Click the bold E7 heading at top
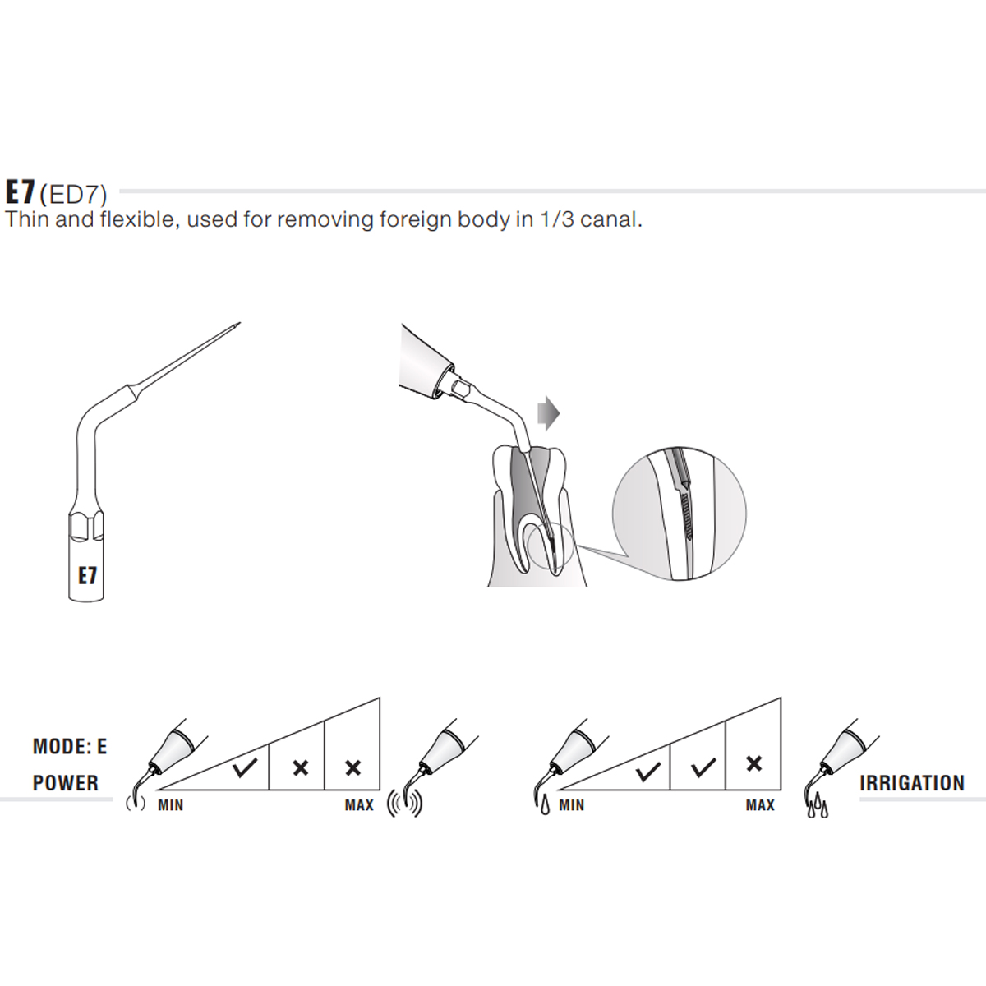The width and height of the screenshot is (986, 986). click(20, 192)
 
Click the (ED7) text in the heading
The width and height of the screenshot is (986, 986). click(73, 194)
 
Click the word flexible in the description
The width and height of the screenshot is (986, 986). click(136, 220)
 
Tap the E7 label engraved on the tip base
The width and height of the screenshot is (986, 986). click(87, 576)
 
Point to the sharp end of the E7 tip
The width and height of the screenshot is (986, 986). click(238, 325)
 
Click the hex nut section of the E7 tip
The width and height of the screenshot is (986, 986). click(86, 526)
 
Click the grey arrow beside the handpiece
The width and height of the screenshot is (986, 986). click(548, 412)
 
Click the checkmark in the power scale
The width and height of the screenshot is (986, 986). click(244, 768)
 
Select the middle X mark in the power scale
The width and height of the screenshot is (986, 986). click(300, 768)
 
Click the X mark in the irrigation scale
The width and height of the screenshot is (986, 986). click(753, 764)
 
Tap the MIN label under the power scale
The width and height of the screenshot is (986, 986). click(171, 805)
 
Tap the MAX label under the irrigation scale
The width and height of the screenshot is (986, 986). click(760, 805)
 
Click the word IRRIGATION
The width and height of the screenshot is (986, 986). click(912, 783)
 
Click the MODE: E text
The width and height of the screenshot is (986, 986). click(70, 747)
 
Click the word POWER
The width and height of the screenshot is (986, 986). click(66, 783)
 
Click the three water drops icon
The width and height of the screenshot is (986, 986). click(817, 809)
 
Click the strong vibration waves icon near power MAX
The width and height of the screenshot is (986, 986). click(404, 804)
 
